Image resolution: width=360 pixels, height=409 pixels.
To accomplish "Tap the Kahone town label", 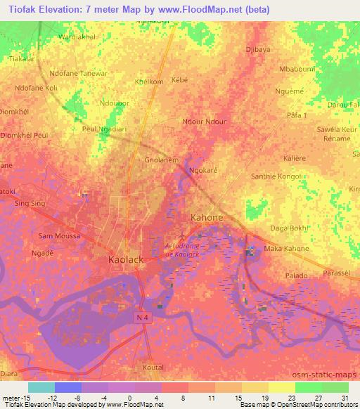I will tap(207, 218).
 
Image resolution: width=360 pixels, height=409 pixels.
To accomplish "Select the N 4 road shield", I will tap(142, 318).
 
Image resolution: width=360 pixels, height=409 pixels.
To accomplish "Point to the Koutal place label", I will tap(153, 367).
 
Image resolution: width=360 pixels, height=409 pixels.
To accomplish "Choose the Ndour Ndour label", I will tap(204, 122).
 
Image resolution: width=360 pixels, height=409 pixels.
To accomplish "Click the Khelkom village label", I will tap(148, 82).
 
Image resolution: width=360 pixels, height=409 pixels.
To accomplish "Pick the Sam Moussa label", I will tap(58, 236).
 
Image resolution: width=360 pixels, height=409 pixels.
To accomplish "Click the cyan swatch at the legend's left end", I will tap(41, 387).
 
